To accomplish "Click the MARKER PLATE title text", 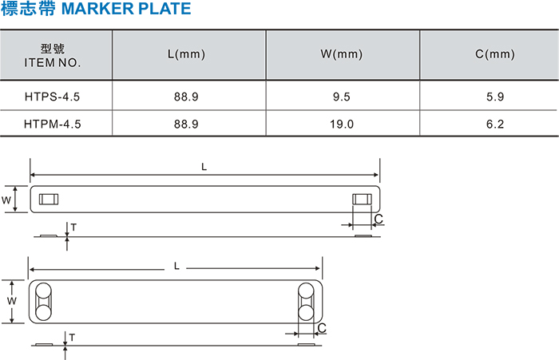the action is [x=126, y=9].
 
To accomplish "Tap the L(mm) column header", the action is [x=186, y=54].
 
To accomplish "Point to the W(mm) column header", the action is [x=342, y=54].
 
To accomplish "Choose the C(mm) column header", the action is [x=495, y=54].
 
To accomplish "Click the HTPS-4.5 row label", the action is [x=53, y=97].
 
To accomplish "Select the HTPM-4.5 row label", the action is [x=53, y=124].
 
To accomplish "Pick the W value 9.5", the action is [x=342, y=97].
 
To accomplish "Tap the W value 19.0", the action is [x=342, y=124].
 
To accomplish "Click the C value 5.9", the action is [x=495, y=97].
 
